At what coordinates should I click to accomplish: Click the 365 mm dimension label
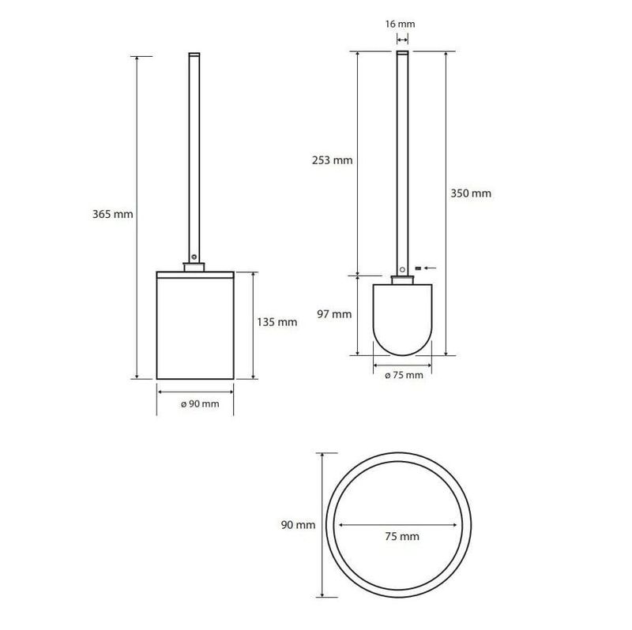112,214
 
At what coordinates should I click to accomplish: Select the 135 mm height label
277,322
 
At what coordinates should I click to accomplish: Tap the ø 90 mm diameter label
200,403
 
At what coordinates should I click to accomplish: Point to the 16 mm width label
400,24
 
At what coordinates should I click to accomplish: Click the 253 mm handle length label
332,160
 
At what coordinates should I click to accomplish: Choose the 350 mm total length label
471,193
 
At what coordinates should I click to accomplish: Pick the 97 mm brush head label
334,313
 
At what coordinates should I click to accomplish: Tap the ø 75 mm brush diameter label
404,376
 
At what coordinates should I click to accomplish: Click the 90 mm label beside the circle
299,525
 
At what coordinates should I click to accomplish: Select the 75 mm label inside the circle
402,536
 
